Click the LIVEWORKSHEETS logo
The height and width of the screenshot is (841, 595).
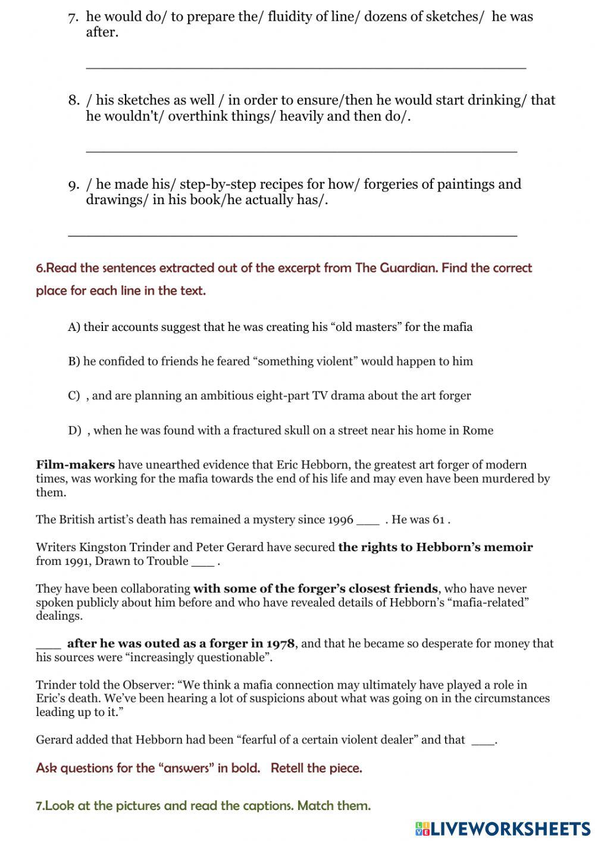pos(503,828)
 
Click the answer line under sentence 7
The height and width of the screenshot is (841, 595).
pos(306,67)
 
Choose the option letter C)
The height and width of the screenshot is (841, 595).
pos(74,396)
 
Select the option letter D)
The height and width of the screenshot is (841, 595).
pos(74,430)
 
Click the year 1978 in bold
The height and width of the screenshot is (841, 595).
pos(280,643)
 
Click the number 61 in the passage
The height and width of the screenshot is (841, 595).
pos(439,520)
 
